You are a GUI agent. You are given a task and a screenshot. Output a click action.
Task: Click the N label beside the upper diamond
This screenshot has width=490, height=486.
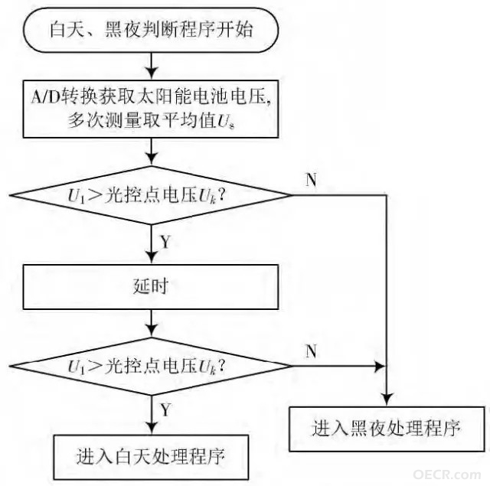pyautogui.click(x=311, y=180)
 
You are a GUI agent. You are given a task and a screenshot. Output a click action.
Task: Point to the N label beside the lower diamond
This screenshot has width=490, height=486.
pyautogui.click(x=311, y=351)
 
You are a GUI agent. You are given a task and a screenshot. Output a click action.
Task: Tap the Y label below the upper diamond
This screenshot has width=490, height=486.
pyautogui.click(x=165, y=241)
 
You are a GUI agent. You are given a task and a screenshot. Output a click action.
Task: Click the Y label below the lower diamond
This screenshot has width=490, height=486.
pyautogui.click(x=165, y=409)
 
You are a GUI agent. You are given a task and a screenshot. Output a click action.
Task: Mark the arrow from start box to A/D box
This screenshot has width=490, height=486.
pyautogui.click(x=152, y=66)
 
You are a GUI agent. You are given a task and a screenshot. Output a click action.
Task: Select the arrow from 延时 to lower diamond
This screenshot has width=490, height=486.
pyautogui.click(x=152, y=324)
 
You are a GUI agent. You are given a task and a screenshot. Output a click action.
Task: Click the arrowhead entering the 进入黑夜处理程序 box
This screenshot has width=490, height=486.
pyautogui.click(x=387, y=400)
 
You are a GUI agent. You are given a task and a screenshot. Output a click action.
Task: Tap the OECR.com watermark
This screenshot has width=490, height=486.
pyautogui.click(x=447, y=475)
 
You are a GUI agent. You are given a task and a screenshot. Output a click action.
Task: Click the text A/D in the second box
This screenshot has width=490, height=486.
pyautogui.click(x=45, y=97)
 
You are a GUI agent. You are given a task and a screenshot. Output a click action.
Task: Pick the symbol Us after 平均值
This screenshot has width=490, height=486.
pyautogui.click(x=226, y=121)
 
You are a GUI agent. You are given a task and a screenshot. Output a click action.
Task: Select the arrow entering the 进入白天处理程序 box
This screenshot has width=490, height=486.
pyautogui.click(x=152, y=415)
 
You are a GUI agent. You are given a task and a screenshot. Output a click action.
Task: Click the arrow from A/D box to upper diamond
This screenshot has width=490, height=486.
pyautogui.click(x=152, y=152)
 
